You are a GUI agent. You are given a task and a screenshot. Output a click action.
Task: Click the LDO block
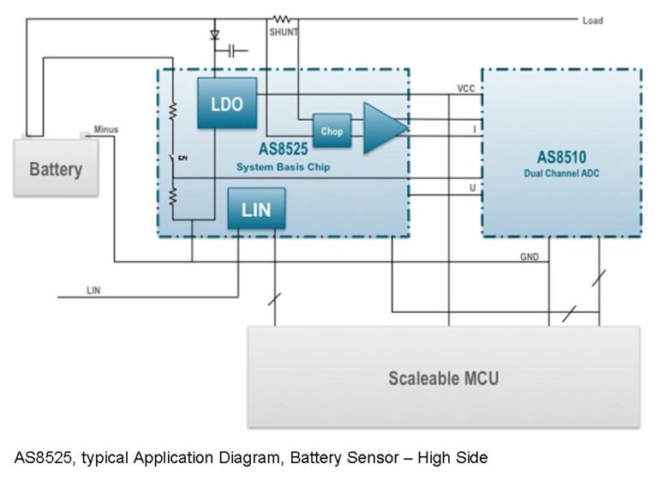(226, 104)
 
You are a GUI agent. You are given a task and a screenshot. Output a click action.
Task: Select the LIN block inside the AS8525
(256, 209)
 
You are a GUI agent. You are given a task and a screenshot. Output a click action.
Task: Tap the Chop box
(332, 131)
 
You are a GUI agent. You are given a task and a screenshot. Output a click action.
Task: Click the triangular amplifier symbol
(382, 128)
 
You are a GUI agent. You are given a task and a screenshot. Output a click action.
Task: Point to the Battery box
(56, 168)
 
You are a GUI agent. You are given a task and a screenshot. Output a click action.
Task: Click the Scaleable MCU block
(443, 377)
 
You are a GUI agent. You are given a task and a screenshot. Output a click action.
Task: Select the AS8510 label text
(561, 158)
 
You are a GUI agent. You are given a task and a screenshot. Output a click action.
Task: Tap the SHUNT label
(283, 32)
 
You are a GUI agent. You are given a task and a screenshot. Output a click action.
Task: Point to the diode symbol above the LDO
(214, 36)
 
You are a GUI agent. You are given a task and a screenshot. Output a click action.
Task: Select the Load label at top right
(592, 21)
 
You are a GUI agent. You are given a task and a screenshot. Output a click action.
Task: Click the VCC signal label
(466, 88)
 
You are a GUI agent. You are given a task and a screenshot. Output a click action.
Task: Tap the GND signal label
(529, 256)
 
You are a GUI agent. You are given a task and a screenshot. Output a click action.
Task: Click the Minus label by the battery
(106, 130)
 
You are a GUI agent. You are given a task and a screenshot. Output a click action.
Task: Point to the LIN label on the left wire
(93, 291)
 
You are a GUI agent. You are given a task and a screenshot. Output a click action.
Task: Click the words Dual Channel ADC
(561, 173)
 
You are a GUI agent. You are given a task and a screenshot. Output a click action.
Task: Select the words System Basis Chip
(283, 167)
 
